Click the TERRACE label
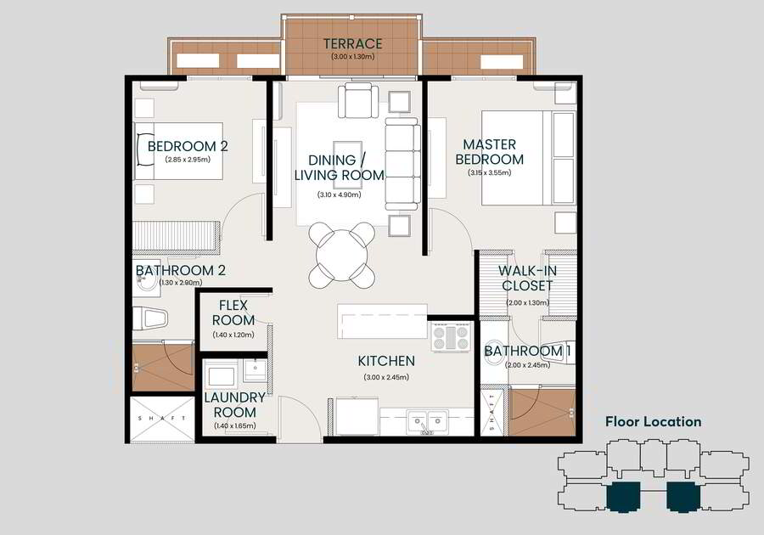click(x=353, y=44)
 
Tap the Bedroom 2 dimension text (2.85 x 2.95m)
click(x=188, y=160)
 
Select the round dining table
click(x=341, y=256)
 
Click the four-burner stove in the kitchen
click(x=451, y=336)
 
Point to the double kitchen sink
click(x=428, y=422)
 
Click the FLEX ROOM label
click(x=233, y=313)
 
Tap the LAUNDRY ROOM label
click(x=235, y=404)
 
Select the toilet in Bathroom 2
click(x=150, y=318)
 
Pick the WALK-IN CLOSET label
click(x=527, y=279)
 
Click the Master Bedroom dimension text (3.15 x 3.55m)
click(x=489, y=172)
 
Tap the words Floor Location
click(x=654, y=422)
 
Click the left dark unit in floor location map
click(x=623, y=497)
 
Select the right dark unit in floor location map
click(x=683, y=497)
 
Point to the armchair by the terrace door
click(x=357, y=100)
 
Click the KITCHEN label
click(x=386, y=361)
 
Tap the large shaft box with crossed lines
click(x=162, y=420)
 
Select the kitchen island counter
click(x=383, y=321)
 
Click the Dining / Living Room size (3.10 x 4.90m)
click(x=339, y=194)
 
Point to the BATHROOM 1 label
click(x=528, y=351)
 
